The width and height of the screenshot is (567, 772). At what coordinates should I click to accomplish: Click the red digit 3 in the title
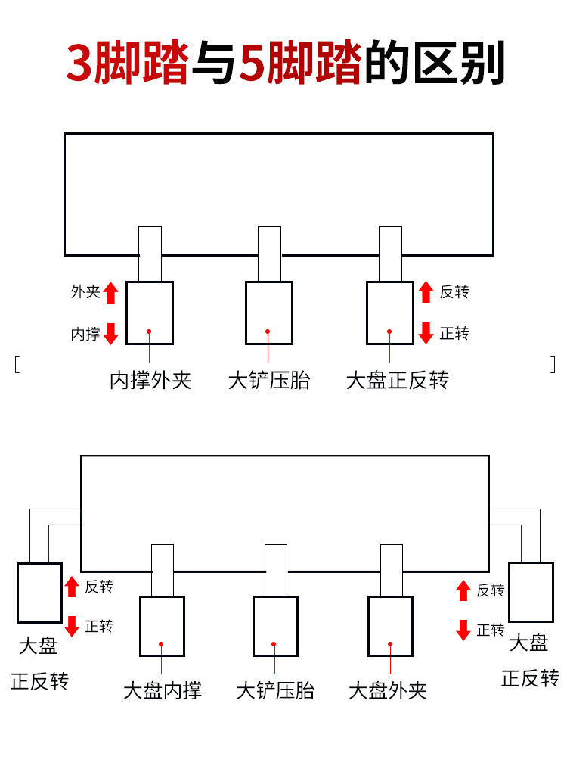click(x=79, y=64)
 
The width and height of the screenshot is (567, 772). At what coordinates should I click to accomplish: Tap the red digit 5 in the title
click(x=251, y=64)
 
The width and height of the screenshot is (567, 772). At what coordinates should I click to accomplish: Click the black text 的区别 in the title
click(x=434, y=64)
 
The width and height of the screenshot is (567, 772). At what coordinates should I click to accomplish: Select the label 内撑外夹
click(x=150, y=380)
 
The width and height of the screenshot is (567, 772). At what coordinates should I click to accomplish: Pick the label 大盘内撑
click(x=163, y=690)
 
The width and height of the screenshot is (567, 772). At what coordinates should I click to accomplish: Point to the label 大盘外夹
click(x=388, y=690)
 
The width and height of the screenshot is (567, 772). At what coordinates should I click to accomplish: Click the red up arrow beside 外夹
click(x=111, y=292)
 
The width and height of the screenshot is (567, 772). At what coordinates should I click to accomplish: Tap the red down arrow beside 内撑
click(x=111, y=333)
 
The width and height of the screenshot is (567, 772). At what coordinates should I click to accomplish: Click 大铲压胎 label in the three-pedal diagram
click(x=269, y=380)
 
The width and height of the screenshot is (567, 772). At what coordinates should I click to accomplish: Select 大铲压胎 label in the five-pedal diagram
click(x=275, y=690)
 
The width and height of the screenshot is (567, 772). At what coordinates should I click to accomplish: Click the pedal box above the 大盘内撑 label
click(x=162, y=626)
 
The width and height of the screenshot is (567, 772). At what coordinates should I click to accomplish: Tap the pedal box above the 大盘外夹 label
click(x=390, y=626)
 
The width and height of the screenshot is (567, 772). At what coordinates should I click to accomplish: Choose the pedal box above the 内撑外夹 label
click(x=150, y=313)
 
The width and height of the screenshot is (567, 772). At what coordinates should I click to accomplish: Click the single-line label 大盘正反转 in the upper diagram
click(x=397, y=380)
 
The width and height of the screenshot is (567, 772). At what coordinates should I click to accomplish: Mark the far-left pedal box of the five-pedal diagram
click(x=39, y=593)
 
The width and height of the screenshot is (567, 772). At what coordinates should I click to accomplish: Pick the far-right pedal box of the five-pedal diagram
click(x=531, y=592)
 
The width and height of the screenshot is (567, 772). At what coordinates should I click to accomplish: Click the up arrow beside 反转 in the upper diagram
click(x=426, y=292)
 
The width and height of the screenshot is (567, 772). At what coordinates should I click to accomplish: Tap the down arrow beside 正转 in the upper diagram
click(x=426, y=333)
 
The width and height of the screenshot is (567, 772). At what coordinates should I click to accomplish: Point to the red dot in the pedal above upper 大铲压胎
click(x=268, y=332)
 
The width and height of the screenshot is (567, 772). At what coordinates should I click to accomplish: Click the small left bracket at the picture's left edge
click(x=16, y=364)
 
